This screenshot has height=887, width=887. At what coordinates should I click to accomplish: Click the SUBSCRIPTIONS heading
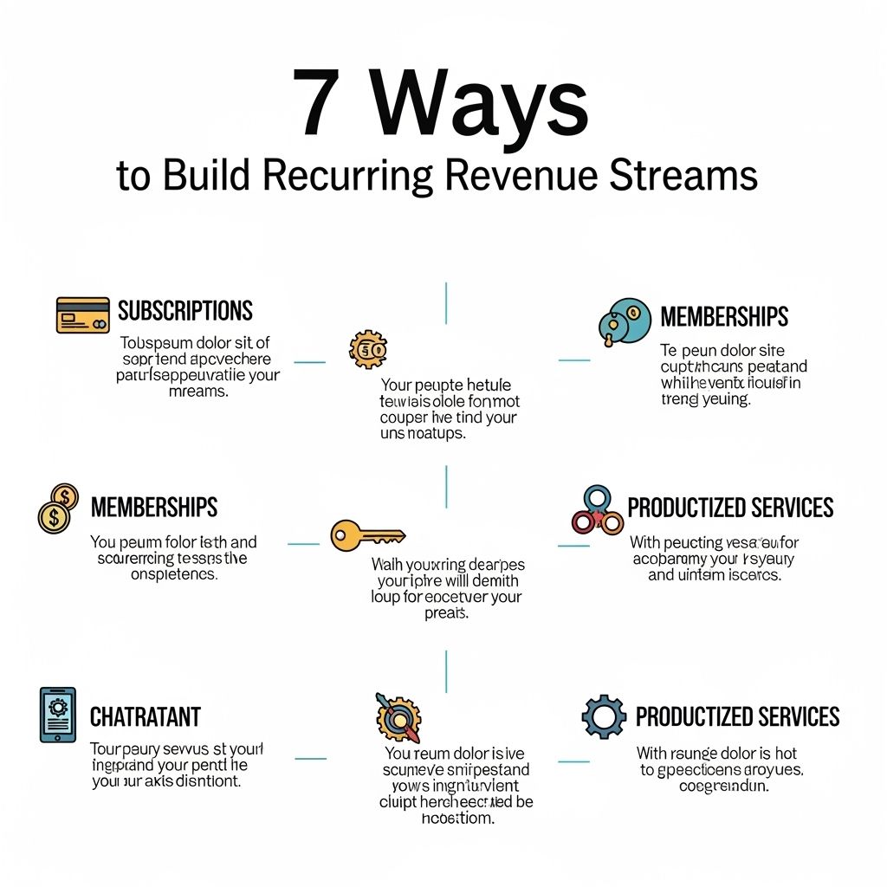(185, 311)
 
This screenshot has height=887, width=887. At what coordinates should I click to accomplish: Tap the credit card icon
(83, 314)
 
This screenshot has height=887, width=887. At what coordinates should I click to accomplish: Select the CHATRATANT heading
(146, 717)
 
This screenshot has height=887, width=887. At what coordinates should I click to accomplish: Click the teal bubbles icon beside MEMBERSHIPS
(624, 321)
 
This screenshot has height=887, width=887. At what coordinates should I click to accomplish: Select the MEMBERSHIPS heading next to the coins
(154, 507)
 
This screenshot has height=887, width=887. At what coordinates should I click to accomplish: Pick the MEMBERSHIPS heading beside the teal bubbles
(724, 317)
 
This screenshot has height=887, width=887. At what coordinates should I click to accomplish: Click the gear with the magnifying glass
(398, 715)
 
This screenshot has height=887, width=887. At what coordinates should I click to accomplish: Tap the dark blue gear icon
(604, 715)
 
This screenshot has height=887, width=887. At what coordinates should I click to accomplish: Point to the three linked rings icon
(598, 511)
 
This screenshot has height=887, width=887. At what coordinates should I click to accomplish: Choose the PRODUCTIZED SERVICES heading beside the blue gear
(737, 717)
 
